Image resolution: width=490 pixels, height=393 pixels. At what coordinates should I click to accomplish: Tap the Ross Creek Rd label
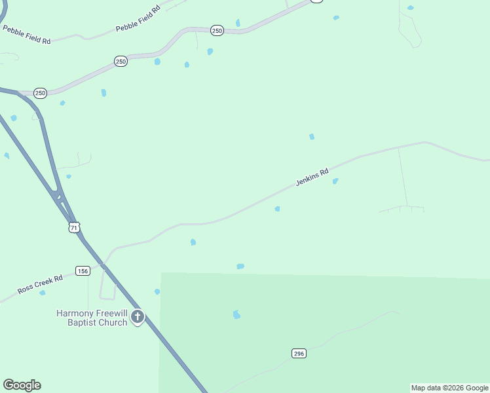tap(41, 284)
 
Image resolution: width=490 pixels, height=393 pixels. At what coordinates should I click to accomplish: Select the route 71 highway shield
tap(74, 227)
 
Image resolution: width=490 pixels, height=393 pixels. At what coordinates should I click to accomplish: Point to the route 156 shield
tap(83, 271)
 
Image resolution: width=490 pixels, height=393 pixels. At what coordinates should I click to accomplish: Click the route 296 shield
tap(299, 353)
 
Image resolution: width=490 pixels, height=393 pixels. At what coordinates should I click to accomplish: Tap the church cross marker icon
tap(138, 317)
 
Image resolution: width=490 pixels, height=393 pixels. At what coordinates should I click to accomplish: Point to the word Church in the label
tap(113, 322)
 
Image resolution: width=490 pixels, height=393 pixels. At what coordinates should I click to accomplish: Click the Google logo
tap(22, 385)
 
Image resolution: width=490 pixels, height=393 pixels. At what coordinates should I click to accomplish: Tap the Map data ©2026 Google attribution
tap(449, 388)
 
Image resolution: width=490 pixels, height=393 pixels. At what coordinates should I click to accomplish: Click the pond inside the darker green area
tap(236, 315)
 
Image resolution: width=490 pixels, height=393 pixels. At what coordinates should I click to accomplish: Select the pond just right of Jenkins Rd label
tap(335, 181)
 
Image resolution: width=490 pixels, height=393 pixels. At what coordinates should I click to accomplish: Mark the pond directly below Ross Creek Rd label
tap(43, 293)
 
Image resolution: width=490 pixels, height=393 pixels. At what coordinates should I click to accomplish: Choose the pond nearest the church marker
tap(157, 291)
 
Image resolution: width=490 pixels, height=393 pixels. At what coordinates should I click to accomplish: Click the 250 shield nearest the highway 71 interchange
tap(41, 94)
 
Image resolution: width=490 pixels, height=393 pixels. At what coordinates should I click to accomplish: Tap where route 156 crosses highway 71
tap(102, 265)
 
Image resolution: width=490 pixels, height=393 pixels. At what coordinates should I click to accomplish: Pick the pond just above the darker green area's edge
tap(240, 267)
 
